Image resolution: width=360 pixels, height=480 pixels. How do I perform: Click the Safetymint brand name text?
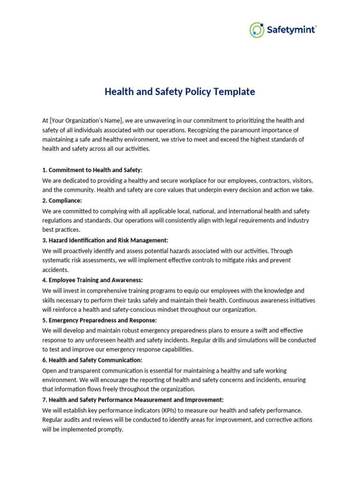click(x=291, y=30)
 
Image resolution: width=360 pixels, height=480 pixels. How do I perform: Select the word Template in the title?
click(x=234, y=92)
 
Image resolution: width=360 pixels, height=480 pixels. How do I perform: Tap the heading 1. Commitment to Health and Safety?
click(x=92, y=170)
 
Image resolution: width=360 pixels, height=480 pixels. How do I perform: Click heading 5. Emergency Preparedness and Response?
click(x=99, y=320)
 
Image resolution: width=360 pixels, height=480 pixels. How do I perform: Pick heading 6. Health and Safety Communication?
click(x=92, y=360)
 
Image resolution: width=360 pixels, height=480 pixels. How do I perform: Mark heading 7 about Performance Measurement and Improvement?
click(x=133, y=400)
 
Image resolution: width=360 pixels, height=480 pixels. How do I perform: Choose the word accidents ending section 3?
click(x=55, y=270)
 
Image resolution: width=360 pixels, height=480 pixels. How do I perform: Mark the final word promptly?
click(x=110, y=429)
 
